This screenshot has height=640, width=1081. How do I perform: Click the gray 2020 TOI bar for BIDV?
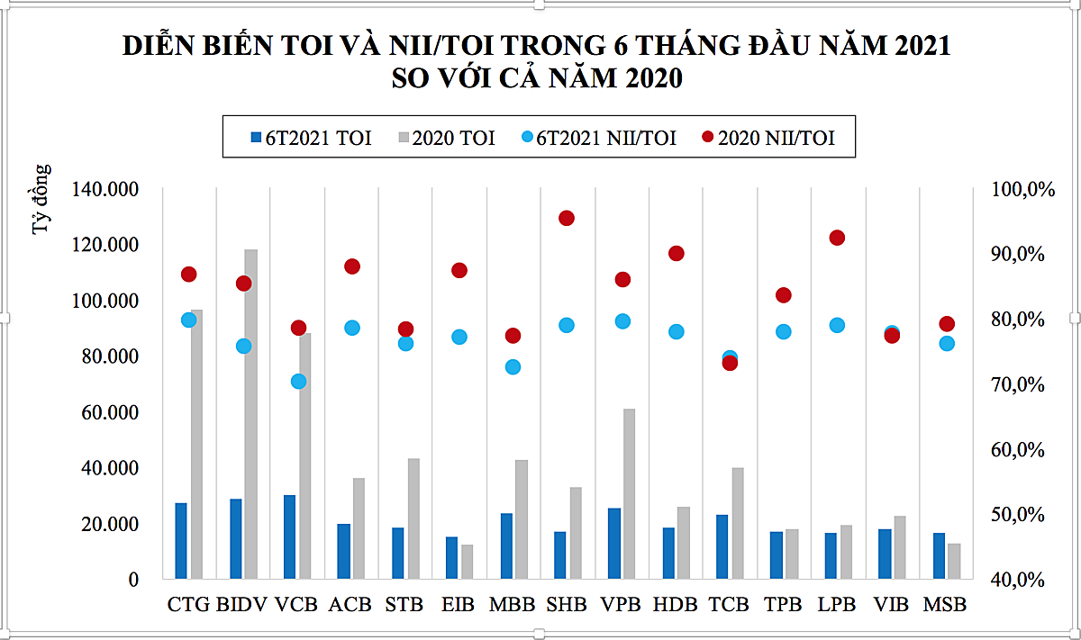pyautogui.click(x=250, y=414)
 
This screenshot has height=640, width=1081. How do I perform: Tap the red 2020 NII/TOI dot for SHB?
pyautogui.click(x=567, y=218)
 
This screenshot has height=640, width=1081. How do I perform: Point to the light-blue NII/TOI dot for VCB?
pyautogui.click(x=298, y=382)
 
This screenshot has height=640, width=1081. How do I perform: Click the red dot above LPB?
pyautogui.click(x=837, y=238)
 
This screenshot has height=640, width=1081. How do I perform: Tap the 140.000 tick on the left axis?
pyautogui.click(x=108, y=189)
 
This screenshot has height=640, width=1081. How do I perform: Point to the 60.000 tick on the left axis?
pyautogui.click(x=114, y=412)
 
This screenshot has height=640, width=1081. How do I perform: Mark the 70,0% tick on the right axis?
pyautogui.click(x=1020, y=384)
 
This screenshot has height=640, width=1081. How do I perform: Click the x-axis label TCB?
pyautogui.click(x=729, y=605)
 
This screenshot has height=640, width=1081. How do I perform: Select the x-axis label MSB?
pyautogui.click(x=945, y=605)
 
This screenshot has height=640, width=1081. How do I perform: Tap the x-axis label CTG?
pyautogui.click(x=188, y=605)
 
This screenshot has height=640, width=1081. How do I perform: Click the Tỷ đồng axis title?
pyautogui.click(x=42, y=200)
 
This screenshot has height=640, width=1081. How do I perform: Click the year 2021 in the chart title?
pyautogui.click(x=922, y=46)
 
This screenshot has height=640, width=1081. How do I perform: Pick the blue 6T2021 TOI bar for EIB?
pyautogui.click(x=451, y=557)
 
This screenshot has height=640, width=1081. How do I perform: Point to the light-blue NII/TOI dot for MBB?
pyautogui.click(x=513, y=367)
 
